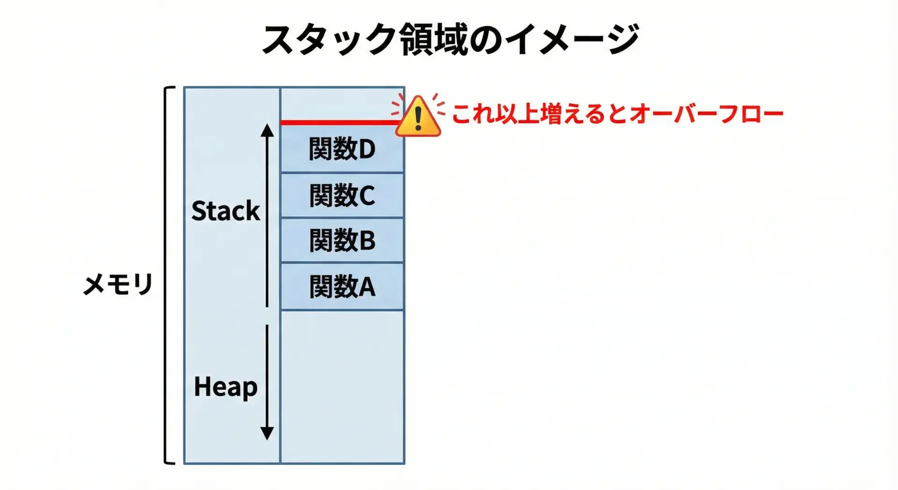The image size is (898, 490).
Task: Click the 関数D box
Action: (x=342, y=149)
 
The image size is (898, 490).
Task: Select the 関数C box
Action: (x=342, y=195)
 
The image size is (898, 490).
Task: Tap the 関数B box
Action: (x=342, y=240)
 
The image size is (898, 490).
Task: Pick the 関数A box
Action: (x=342, y=286)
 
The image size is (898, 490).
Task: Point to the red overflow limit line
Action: (x=337, y=123)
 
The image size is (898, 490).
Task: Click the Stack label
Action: (x=225, y=211)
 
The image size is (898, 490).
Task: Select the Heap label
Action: (x=225, y=388)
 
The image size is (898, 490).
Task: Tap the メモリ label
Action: (x=118, y=284)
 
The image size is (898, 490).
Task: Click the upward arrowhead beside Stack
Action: (x=267, y=130)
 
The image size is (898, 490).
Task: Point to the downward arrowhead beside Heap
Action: (x=267, y=433)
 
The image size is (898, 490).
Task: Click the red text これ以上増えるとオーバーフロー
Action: (x=617, y=114)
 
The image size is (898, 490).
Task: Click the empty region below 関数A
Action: (x=342, y=386)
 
